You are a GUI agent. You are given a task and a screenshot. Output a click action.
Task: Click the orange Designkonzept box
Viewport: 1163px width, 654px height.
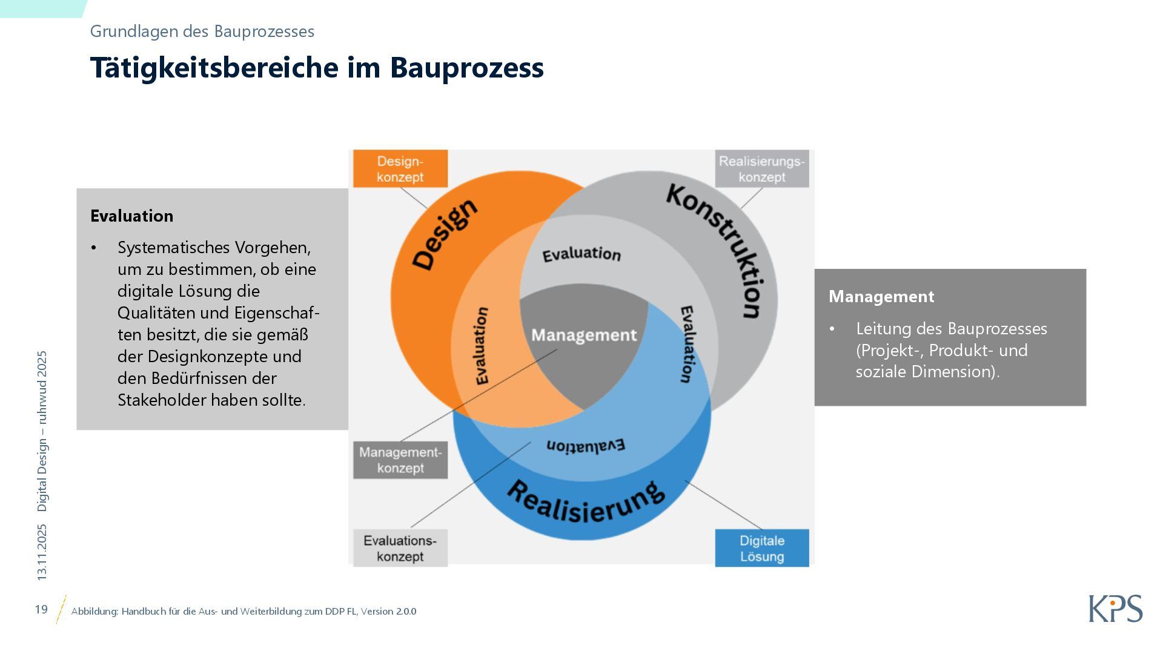400,169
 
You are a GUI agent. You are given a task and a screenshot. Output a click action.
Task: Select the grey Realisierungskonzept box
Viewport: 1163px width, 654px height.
761,169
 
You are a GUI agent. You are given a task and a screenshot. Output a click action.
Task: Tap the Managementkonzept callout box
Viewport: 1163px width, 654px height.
400,460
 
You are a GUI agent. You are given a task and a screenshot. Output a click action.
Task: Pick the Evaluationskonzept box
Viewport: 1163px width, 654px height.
400,548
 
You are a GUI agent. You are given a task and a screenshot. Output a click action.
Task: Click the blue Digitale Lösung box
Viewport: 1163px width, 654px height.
761,548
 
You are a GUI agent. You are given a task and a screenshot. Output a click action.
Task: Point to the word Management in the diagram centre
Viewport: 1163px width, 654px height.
584,335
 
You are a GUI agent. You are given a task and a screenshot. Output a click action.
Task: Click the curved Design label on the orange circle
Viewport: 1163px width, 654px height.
445,234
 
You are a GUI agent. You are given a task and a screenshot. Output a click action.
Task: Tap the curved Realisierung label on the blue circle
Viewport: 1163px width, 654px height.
585,503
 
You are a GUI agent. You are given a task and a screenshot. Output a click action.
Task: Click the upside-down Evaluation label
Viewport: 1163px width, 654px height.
585,446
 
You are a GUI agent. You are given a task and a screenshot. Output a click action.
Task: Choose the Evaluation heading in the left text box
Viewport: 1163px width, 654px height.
131,216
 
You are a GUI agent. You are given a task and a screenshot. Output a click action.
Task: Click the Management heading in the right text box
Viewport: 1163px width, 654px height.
881,297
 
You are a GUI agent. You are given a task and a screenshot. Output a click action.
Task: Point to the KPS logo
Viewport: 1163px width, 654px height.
1115,609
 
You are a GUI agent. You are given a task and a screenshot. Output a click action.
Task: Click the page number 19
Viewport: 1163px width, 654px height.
41,609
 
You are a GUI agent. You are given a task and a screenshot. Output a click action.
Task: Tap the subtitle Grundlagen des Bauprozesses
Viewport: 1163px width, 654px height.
202,31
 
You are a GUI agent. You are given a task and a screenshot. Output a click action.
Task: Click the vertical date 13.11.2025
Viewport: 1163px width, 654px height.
42,552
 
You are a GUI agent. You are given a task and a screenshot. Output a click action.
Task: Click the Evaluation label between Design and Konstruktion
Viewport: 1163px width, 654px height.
581,254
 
